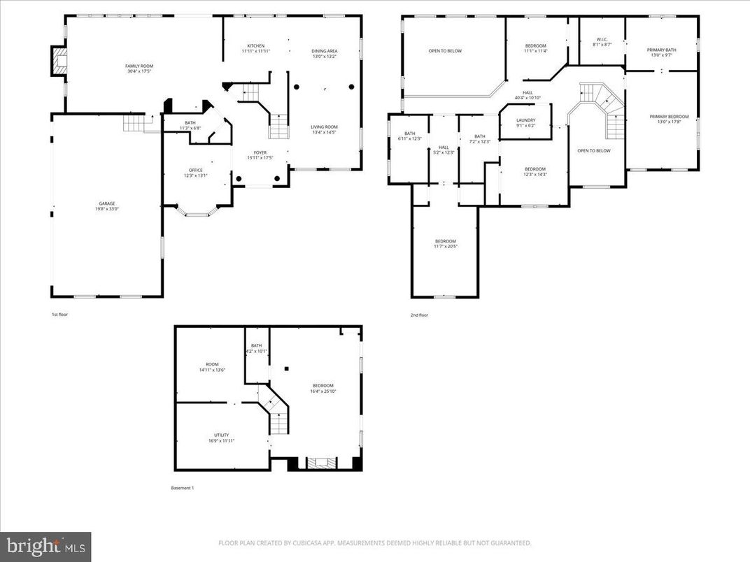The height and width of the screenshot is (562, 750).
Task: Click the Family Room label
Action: coord(139,69)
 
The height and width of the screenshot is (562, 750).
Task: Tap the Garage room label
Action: coord(107,206)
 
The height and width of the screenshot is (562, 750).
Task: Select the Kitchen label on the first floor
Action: coord(255,48)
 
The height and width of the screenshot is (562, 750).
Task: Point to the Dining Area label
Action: coord(325,53)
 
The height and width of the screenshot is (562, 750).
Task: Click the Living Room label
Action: coord(324,129)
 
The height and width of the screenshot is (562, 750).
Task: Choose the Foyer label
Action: coord(260,155)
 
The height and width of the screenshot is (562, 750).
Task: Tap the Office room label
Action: coord(195,173)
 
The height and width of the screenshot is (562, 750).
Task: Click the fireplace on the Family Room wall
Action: coord(57,62)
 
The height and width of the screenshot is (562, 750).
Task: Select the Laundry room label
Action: coord(525,123)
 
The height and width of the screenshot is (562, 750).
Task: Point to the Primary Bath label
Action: coord(661,52)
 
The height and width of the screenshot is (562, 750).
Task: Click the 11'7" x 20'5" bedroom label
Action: coord(445,244)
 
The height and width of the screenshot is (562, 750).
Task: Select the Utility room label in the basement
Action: coord(221,438)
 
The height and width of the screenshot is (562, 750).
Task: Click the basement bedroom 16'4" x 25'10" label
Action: coord(323,388)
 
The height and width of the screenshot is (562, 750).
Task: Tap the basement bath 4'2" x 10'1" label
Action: coord(256,348)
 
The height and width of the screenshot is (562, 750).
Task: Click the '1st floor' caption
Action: coord(59,315)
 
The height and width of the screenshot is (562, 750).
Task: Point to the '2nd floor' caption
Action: coord(419,315)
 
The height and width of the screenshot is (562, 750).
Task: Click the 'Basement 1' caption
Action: coord(183,488)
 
